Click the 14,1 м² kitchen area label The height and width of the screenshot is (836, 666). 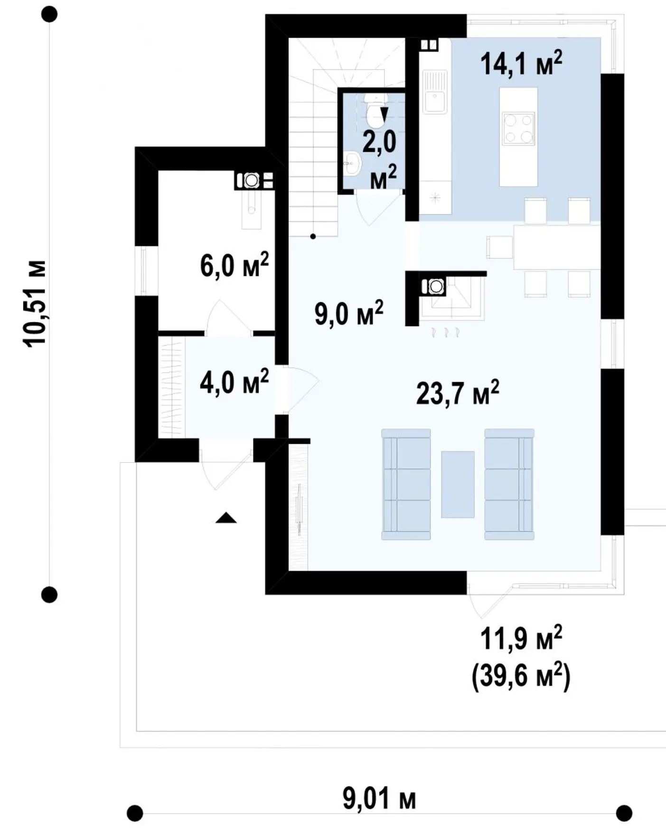pyautogui.click(x=521, y=64)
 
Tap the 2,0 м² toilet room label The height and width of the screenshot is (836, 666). pyautogui.click(x=380, y=160)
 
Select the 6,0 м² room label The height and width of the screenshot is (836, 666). pyautogui.click(x=235, y=265)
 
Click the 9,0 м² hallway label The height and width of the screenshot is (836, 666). pyautogui.click(x=349, y=313)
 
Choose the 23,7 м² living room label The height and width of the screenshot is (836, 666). pyautogui.click(x=458, y=392)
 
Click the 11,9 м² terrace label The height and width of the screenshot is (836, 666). pyautogui.click(x=521, y=639)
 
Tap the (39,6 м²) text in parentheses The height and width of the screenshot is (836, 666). pyautogui.click(x=521, y=675)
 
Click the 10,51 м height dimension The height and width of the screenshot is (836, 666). pyautogui.click(x=36, y=304)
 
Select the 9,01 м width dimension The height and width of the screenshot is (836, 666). pyautogui.click(x=379, y=799)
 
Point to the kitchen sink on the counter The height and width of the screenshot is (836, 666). pyautogui.click(x=434, y=92)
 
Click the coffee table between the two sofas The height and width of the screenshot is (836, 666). pyautogui.click(x=458, y=484)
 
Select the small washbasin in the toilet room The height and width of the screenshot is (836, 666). pyautogui.click(x=352, y=163)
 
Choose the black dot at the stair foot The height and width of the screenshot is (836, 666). pyautogui.click(x=313, y=236)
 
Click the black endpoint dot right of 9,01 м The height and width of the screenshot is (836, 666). pyautogui.click(x=624, y=813)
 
